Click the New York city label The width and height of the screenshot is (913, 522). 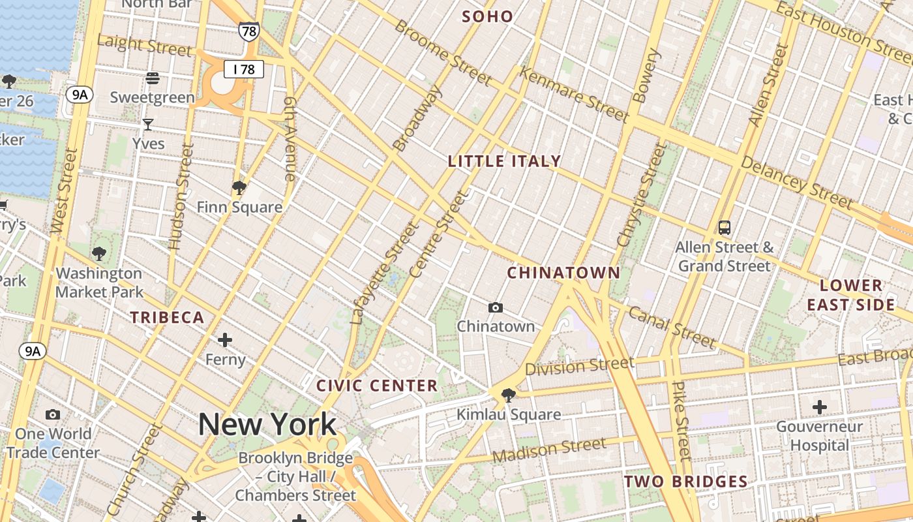point(267,425)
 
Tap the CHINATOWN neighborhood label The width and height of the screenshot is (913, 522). point(563,273)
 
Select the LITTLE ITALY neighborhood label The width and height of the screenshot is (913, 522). point(504,161)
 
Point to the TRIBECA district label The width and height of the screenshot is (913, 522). point(168,318)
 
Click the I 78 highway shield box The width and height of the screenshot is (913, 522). point(244,69)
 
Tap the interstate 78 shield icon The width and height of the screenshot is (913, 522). point(248,31)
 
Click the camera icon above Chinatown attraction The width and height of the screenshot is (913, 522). point(496,307)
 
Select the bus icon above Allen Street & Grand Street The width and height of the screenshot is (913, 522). point(724,228)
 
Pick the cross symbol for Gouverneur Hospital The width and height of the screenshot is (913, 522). point(819,407)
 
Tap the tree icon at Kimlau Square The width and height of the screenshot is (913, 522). point(508,395)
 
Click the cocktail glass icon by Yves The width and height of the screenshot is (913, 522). point(148,124)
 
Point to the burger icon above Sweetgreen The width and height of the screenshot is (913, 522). point(153,78)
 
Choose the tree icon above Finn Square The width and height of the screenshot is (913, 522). point(239,188)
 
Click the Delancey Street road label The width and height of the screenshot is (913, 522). point(797,182)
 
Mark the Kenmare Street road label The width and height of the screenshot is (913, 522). point(574,95)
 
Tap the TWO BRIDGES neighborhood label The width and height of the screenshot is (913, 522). point(685,482)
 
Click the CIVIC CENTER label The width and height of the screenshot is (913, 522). point(377,386)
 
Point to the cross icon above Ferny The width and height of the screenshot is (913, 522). point(225,340)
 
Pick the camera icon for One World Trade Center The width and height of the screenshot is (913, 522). point(53,415)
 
